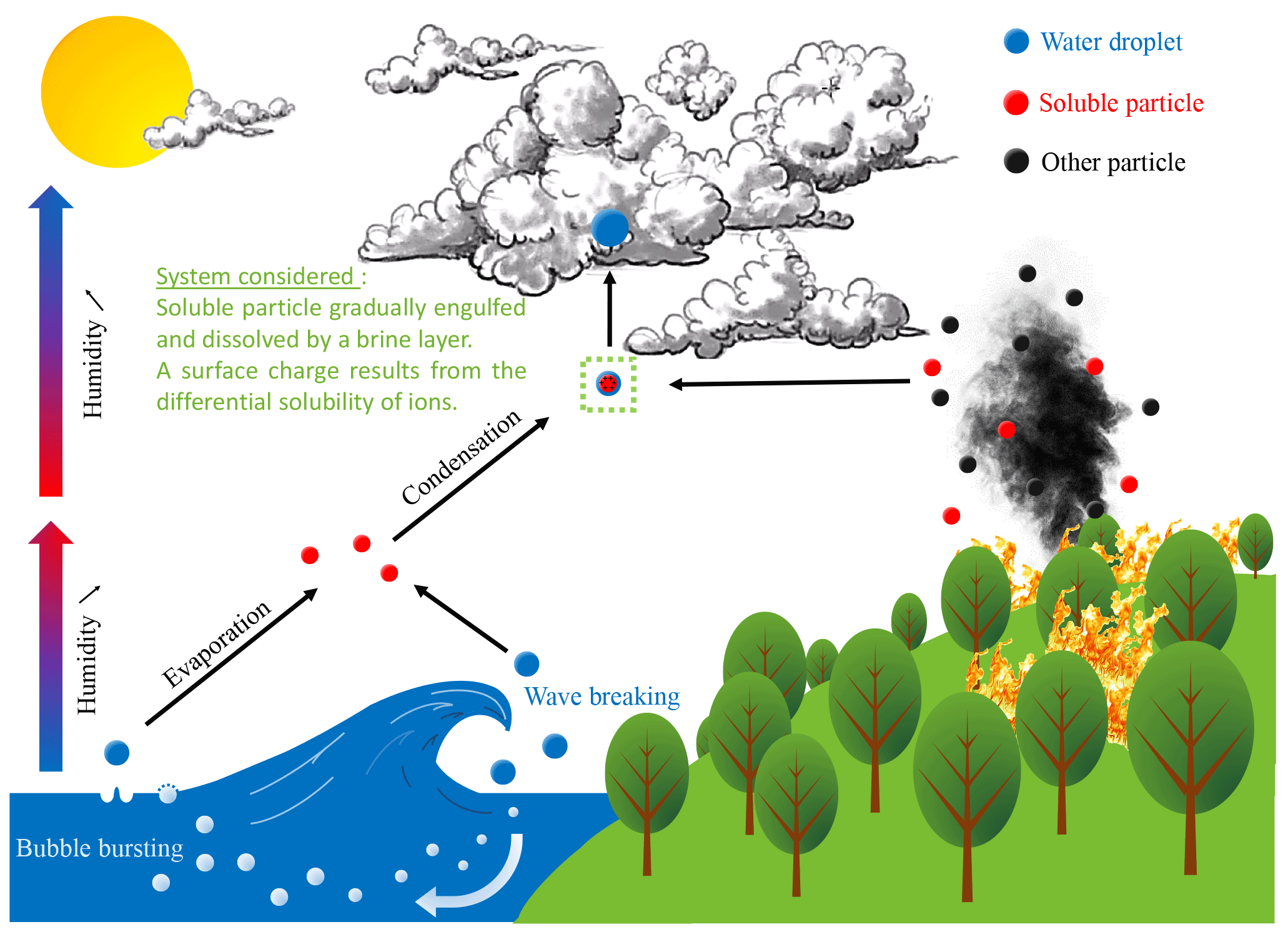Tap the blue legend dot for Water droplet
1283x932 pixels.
point(1016,41)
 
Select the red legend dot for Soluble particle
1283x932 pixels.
point(1016,102)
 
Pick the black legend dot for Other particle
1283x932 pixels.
point(1016,161)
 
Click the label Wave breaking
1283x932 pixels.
point(602,697)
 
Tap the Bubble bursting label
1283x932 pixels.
point(99,848)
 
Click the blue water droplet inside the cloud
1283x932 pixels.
point(609,227)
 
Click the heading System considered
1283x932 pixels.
point(255,276)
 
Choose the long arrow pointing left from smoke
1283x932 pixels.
point(790,382)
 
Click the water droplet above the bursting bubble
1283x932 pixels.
point(117,752)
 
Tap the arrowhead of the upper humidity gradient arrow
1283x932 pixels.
point(51,196)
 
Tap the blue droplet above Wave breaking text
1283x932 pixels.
point(527,663)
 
